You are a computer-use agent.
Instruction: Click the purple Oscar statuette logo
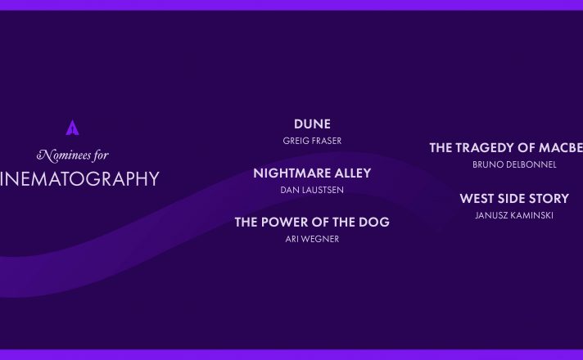click(x=72, y=128)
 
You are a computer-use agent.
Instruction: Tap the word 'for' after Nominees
click(x=101, y=155)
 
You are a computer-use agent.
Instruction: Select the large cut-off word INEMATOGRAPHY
click(x=79, y=178)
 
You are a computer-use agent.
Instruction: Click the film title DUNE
click(x=312, y=124)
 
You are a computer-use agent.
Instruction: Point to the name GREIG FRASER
click(x=312, y=141)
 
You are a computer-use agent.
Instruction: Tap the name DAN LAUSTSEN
click(x=312, y=190)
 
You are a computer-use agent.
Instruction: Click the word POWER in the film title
click(x=284, y=223)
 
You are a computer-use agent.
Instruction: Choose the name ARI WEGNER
click(x=312, y=239)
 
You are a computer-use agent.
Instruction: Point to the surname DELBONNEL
click(x=532, y=164)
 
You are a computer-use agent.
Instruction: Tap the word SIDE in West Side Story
click(x=511, y=199)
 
